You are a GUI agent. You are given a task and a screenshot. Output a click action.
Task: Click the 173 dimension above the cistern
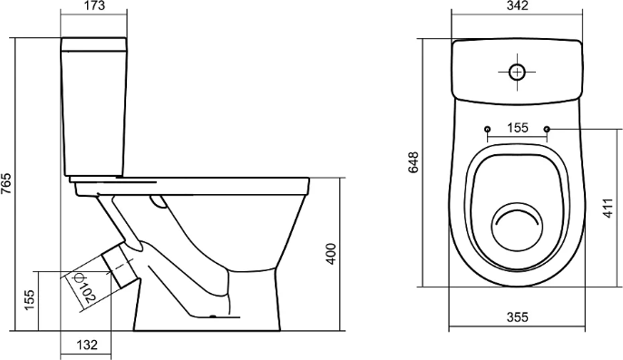click(94, 6)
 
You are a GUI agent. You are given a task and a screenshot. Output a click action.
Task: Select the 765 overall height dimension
click(6, 183)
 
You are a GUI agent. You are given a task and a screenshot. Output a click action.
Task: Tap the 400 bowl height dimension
click(331, 254)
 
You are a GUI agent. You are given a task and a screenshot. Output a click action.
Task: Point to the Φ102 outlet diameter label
click(84, 287)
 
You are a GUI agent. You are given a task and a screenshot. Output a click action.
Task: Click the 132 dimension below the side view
click(87, 344)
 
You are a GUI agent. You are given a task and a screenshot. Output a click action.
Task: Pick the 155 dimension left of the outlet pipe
click(30, 300)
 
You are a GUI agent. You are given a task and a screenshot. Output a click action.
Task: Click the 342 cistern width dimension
click(517, 6)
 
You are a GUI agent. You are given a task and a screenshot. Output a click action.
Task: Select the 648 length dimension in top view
click(414, 162)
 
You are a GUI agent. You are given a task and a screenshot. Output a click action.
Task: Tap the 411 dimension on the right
click(608, 208)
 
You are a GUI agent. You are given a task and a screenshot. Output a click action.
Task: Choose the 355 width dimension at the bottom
click(517, 317)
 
